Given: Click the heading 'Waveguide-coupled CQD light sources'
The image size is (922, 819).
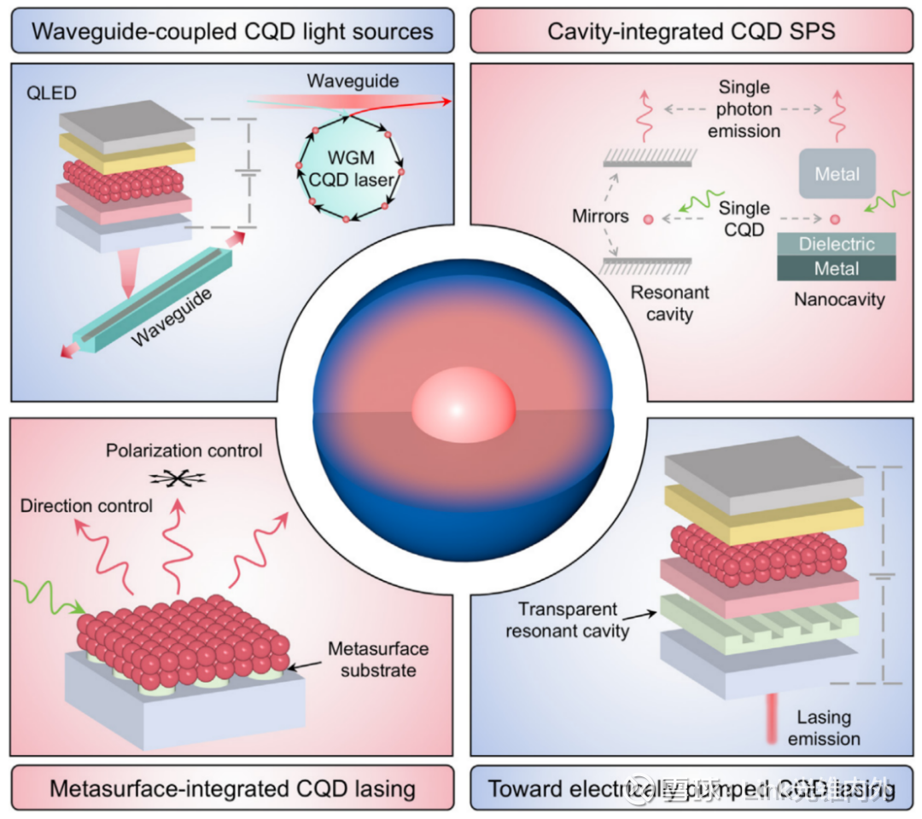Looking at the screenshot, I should point(232,33).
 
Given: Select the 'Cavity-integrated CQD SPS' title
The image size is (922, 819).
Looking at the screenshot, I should point(691,33).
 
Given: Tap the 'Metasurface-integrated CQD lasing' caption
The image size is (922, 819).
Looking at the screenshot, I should point(232,787).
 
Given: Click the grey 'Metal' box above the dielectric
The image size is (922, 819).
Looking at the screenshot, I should point(837,175).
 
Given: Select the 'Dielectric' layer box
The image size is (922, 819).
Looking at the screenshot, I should point(837,245).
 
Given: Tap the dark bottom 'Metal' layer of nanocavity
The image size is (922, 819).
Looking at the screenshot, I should point(837,269).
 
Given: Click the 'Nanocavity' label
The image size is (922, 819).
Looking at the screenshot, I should point(839,299).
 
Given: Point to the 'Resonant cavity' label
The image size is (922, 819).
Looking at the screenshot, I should point(670,304).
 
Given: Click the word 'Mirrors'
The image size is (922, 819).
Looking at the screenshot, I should point(601,217).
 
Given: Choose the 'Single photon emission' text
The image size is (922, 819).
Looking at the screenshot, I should point(744,109).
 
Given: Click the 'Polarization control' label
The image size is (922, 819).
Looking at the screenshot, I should point(184,450).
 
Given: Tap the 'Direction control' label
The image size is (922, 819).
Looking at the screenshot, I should point(86,506).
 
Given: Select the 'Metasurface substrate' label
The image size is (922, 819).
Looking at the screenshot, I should point(378,659).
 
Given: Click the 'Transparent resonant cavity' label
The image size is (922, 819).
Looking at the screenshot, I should point(568,620).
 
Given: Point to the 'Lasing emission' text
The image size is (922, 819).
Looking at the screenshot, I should point(824,728).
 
